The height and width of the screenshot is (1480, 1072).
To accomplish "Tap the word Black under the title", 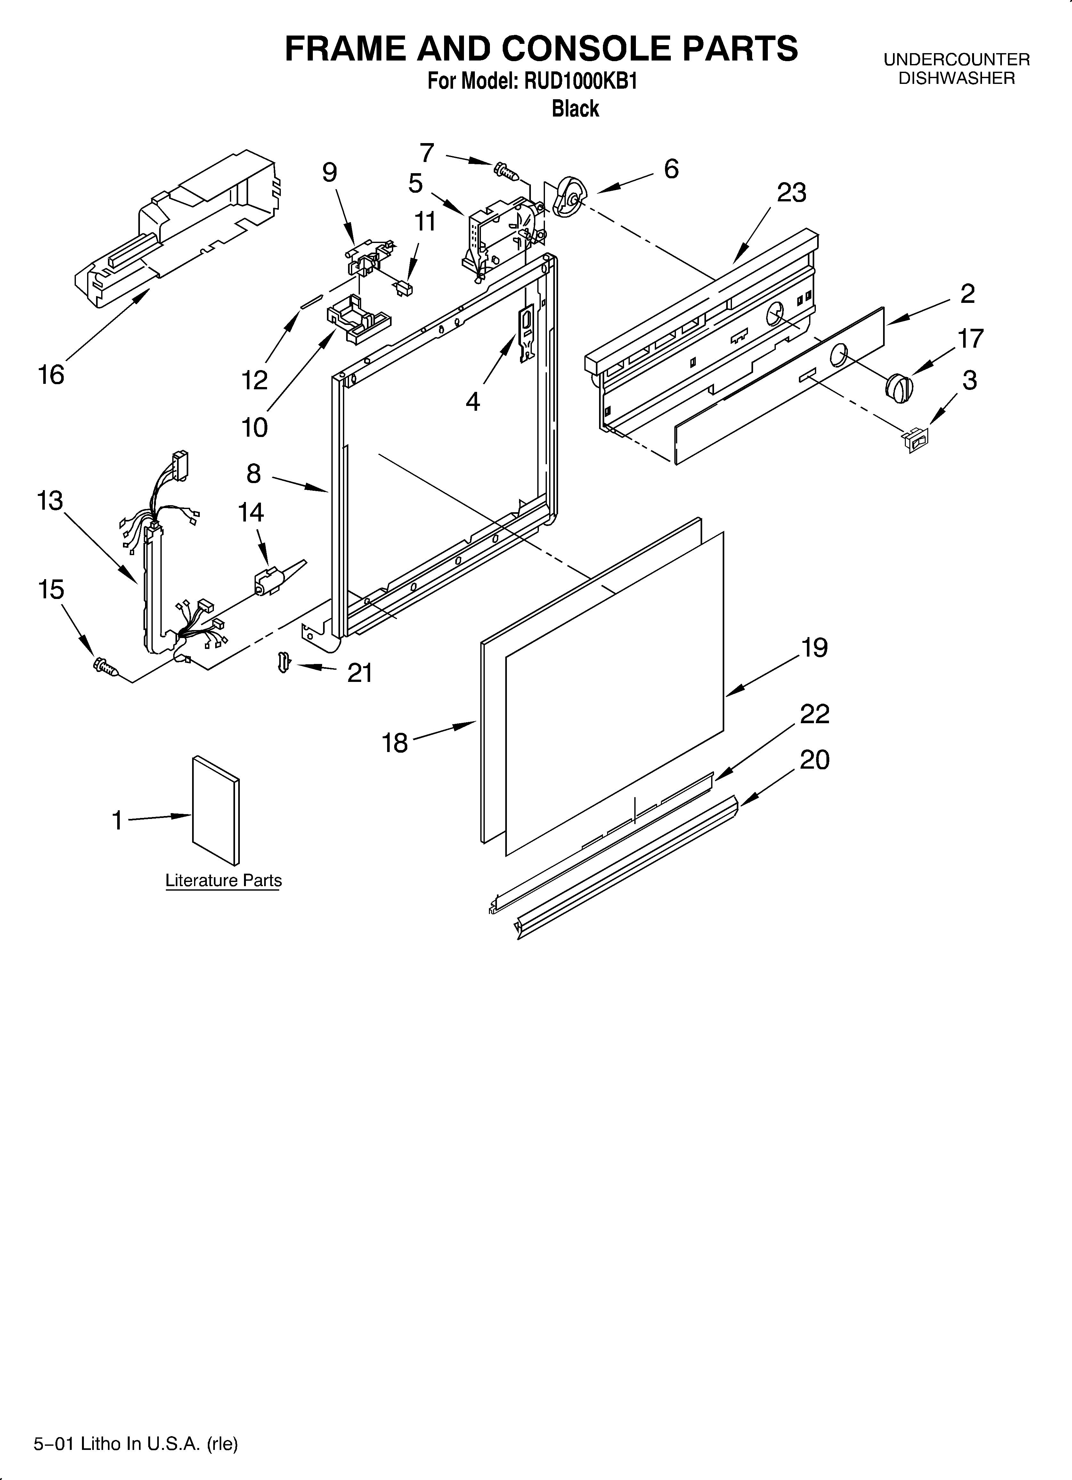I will coord(575,108).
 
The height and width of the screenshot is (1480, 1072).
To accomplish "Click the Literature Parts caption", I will coord(223,880).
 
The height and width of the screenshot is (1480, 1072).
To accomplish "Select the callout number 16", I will coord(51,375).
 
